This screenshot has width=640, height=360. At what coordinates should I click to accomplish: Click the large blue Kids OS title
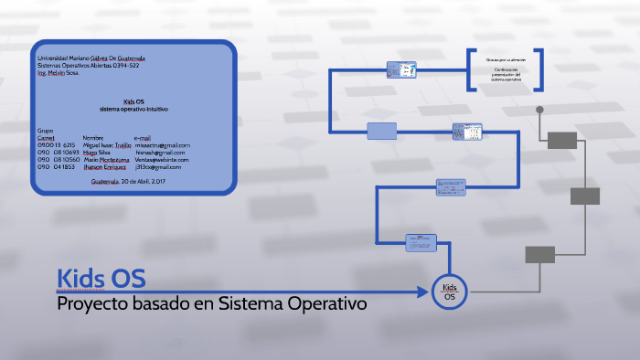pyautogui.click(x=101, y=278)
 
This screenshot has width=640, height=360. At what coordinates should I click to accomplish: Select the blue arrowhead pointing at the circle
pyautogui.click(x=422, y=292)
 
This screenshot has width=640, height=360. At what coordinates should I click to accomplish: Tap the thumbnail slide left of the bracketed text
pyautogui.click(x=402, y=69)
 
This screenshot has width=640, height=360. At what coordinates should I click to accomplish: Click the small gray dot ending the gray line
pyautogui.click(x=539, y=110)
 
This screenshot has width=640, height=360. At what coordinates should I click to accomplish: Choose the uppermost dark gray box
pyautogui.click(x=562, y=140)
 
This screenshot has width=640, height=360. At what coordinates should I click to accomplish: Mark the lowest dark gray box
pyautogui.click(x=539, y=254)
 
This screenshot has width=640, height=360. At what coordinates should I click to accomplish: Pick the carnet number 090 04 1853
pyautogui.click(x=56, y=167)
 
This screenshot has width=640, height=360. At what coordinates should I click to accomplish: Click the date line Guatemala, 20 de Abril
pyautogui.click(x=128, y=182)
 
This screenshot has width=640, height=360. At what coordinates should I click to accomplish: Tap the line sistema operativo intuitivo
pyautogui.click(x=134, y=109)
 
